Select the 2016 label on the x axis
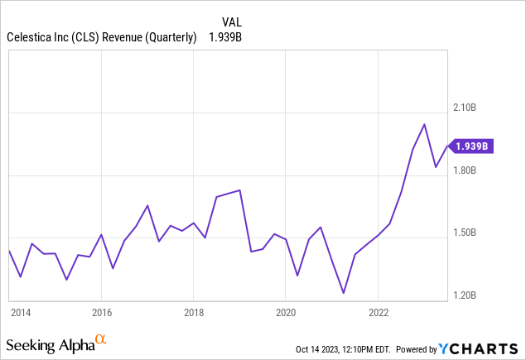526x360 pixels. coord(101,313)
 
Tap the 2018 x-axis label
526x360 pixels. coord(193,313)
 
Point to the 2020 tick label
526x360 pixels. coord(285,313)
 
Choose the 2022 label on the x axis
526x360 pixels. coord(378,313)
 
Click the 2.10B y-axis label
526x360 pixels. coord(465,108)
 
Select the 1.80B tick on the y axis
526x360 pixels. coord(465,170)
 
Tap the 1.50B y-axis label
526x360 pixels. coord(465,233)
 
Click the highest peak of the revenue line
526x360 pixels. coord(425,124)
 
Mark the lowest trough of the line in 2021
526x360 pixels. coord(343,292)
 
